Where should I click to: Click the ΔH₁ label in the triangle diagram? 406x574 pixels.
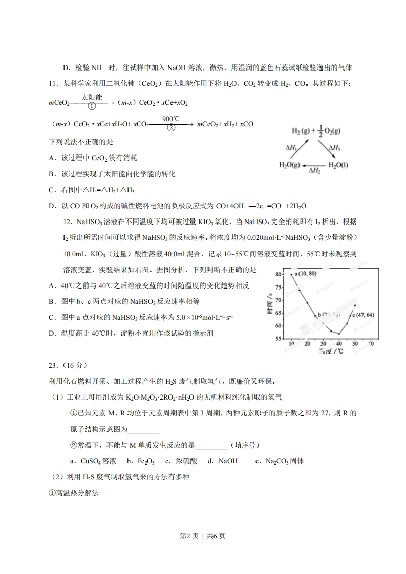point(292,148)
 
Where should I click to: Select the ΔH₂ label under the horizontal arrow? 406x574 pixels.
point(314,171)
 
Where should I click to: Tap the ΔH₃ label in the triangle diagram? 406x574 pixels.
point(335,148)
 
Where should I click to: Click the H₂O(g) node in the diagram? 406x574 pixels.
point(290,164)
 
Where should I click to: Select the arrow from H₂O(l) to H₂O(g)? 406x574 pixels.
point(314,165)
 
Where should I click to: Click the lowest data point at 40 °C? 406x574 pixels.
point(339,334)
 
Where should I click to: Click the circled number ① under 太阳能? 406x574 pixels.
point(92,107)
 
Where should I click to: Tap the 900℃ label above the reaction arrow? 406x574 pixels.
point(170,118)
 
